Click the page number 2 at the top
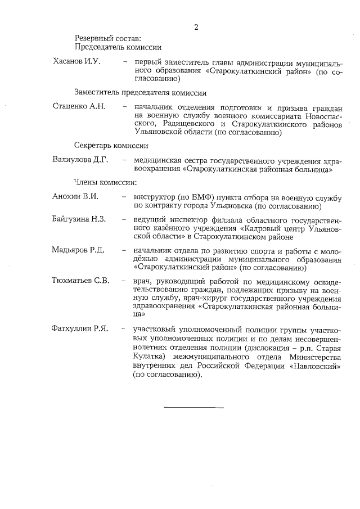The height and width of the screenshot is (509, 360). [196, 26]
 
